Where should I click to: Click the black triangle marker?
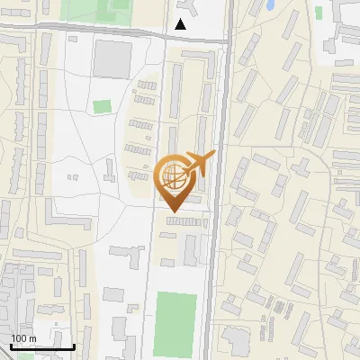[x=181, y=24]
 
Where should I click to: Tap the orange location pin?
[x=172, y=184]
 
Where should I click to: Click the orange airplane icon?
[x=199, y=164]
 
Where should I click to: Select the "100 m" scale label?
[x=23, y=338]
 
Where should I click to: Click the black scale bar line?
[x=42, y=346]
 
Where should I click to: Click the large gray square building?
[x=112, y=58]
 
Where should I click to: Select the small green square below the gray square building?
[x=102, y=106]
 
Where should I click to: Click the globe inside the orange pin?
[x=171, y=174]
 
